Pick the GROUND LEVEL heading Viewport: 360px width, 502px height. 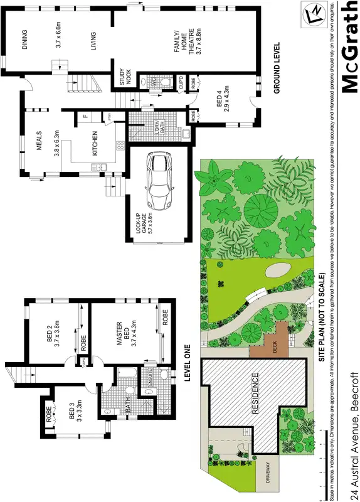(x=275, y=69)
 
